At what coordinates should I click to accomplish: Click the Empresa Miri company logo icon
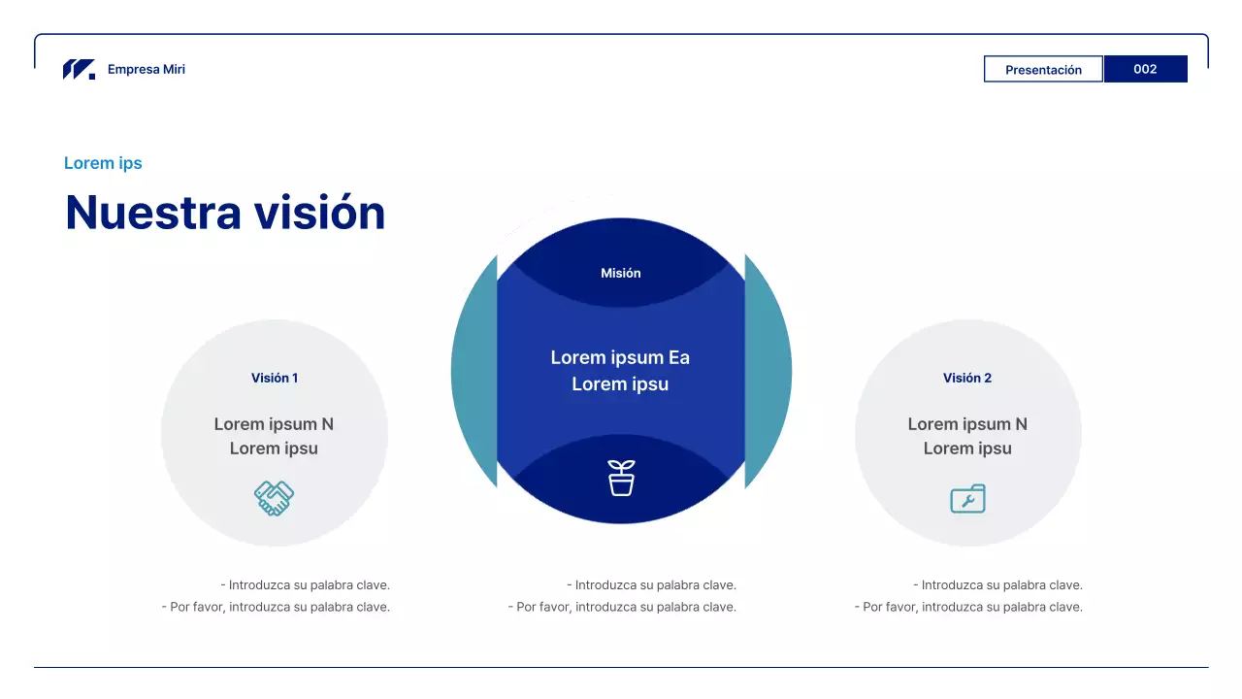tap(79, 69)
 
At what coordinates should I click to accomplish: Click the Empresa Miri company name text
tap(147, 69)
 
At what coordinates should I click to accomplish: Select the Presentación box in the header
tap(1043, 69)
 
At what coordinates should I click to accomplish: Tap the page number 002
tap(1145, 69)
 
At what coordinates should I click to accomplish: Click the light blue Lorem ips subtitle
tap(103, 163)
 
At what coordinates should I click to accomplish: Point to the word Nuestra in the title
tap(153, 213)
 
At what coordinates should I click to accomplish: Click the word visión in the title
tap(319, 213)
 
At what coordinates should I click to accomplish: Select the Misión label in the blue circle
tap(620, 273)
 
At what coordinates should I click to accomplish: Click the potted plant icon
tap(621, 478)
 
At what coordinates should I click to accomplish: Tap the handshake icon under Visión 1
tap(274, 498)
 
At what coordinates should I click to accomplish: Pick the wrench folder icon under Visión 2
tap(968, 499)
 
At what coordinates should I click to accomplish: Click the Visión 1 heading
tap(275, 378)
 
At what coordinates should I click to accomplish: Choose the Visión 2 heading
tap(967, 378)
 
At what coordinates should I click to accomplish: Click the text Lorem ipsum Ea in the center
tap(620, 357)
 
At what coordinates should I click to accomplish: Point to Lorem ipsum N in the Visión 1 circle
tap(274, 424)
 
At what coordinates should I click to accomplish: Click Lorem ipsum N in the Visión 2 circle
tap(967, 424)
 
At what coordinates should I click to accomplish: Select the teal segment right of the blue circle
tap(768, 372)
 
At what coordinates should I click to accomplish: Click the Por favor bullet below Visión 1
tap(276, 607)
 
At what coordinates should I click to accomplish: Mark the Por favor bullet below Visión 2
tap(968, 607)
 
